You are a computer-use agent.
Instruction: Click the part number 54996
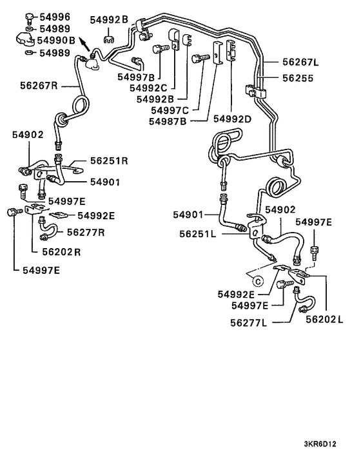pos(55,16)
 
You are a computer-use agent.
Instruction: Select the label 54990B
pos(58,40)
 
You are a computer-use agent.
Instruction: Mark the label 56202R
pos(62,252)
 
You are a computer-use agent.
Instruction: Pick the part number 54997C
pos(171,110)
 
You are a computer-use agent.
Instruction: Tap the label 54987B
pos(171,120)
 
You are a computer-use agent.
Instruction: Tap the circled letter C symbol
pos(256,280)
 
